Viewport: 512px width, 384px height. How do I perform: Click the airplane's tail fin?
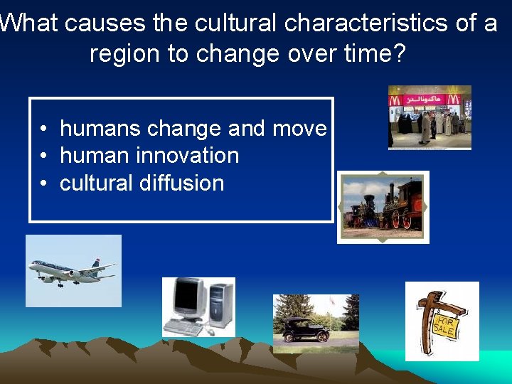click(95, 263)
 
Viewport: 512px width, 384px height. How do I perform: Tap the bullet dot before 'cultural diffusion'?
click(44, 183)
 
